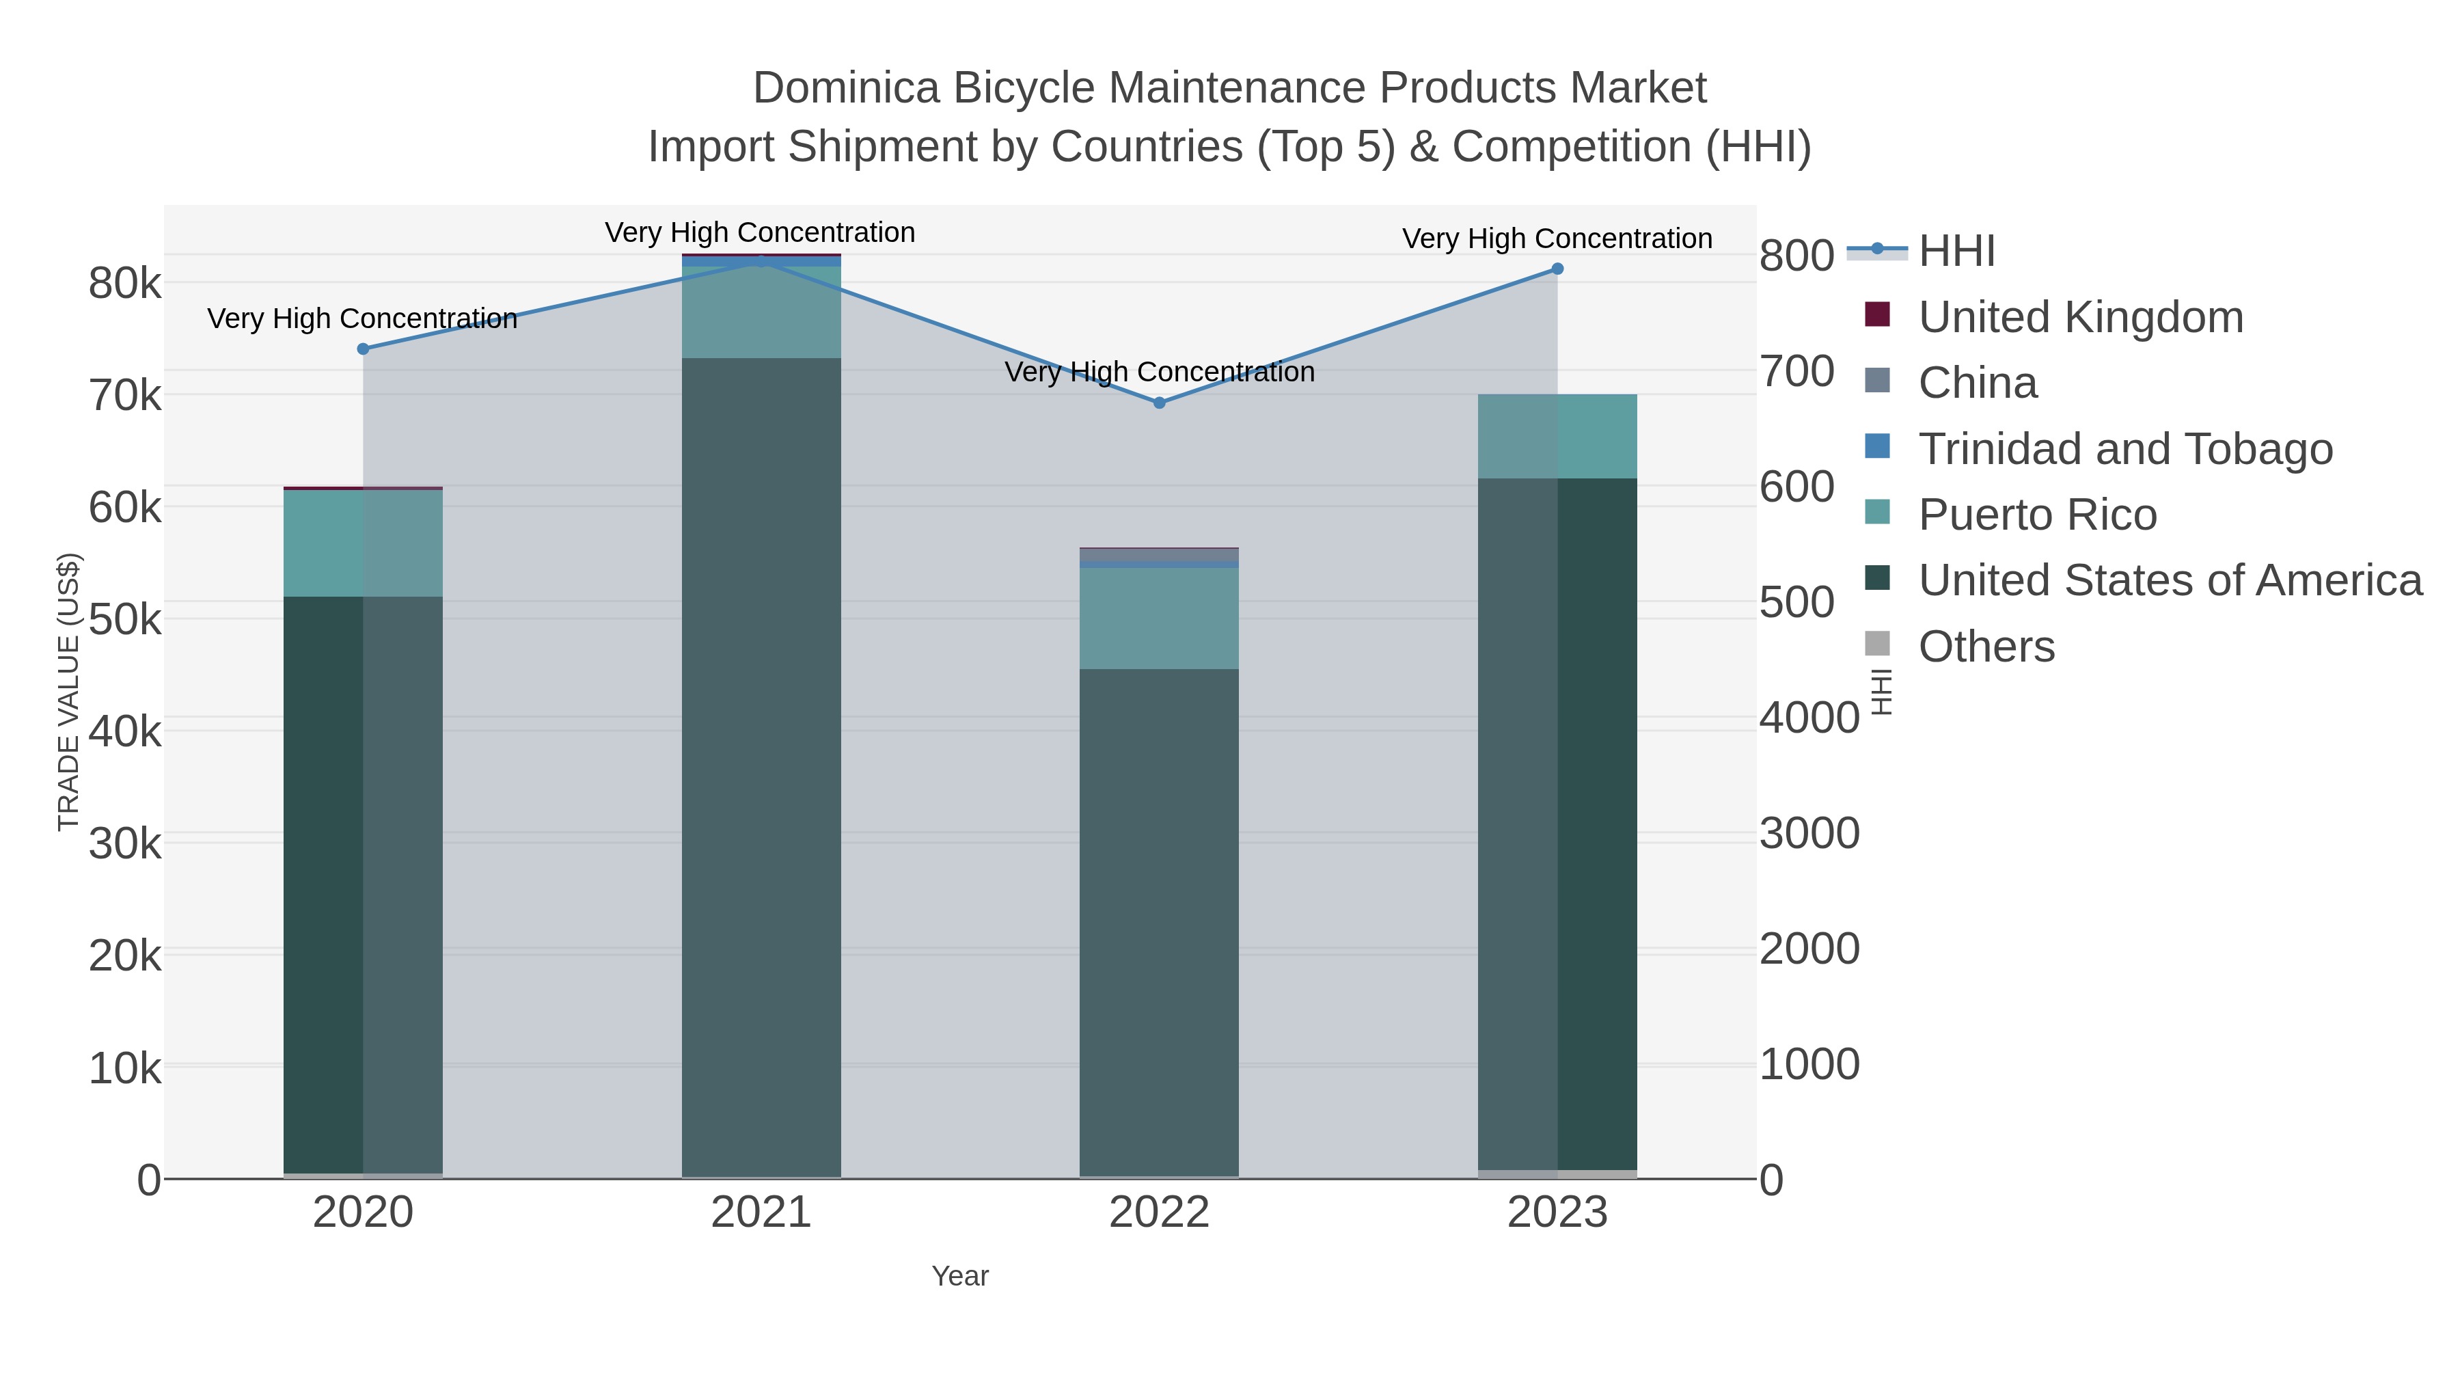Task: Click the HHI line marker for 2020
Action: click(x=363, y=349)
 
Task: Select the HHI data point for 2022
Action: click(x=1160, y=403)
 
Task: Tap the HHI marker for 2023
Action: click(x=1557, y=269)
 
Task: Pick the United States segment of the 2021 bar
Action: click(x=761, y=764)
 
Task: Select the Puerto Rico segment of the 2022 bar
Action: click(x=1160, y=619)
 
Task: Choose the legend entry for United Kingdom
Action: click(x=2080, y=317)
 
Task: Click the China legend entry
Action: click(x=1977, y=383)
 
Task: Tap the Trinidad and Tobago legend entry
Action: click(x=2124, y=449)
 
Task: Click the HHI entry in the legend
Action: click(x=1956, y=252)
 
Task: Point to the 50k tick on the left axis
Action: click(x=125, y=620)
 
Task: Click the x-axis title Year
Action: click(x=960, y=1276)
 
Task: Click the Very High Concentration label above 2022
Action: click(x=1160, y=372)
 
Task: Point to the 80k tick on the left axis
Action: click(x=125, y=284)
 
